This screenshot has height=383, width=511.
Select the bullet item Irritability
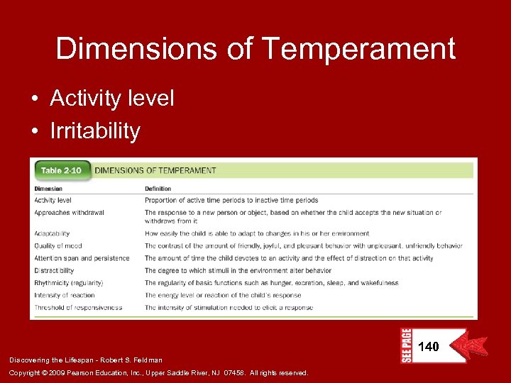coord(95,131)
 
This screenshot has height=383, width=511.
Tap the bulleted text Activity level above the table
coord(111,99)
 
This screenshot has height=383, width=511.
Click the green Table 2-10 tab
coord(61,170)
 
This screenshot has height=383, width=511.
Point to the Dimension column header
coord(48,189)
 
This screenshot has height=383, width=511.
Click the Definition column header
coord(158,189)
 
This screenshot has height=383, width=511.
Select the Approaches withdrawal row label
coord(69,213)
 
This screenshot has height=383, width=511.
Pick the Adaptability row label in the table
coord(52,233)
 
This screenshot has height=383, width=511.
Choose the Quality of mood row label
coord(58,246)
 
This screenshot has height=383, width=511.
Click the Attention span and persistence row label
coord(82,258)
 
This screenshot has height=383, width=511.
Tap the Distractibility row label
coord(54,270)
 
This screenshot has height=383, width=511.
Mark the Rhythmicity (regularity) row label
coord(67,283)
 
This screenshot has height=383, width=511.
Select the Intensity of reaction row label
coord(65,295)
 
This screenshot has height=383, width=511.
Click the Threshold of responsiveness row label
coord(78,308)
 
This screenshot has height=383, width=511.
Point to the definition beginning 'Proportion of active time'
coord(231,201)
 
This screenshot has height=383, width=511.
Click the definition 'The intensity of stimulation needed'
coord(229,308)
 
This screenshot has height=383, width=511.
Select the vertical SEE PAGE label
coord(406,345)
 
